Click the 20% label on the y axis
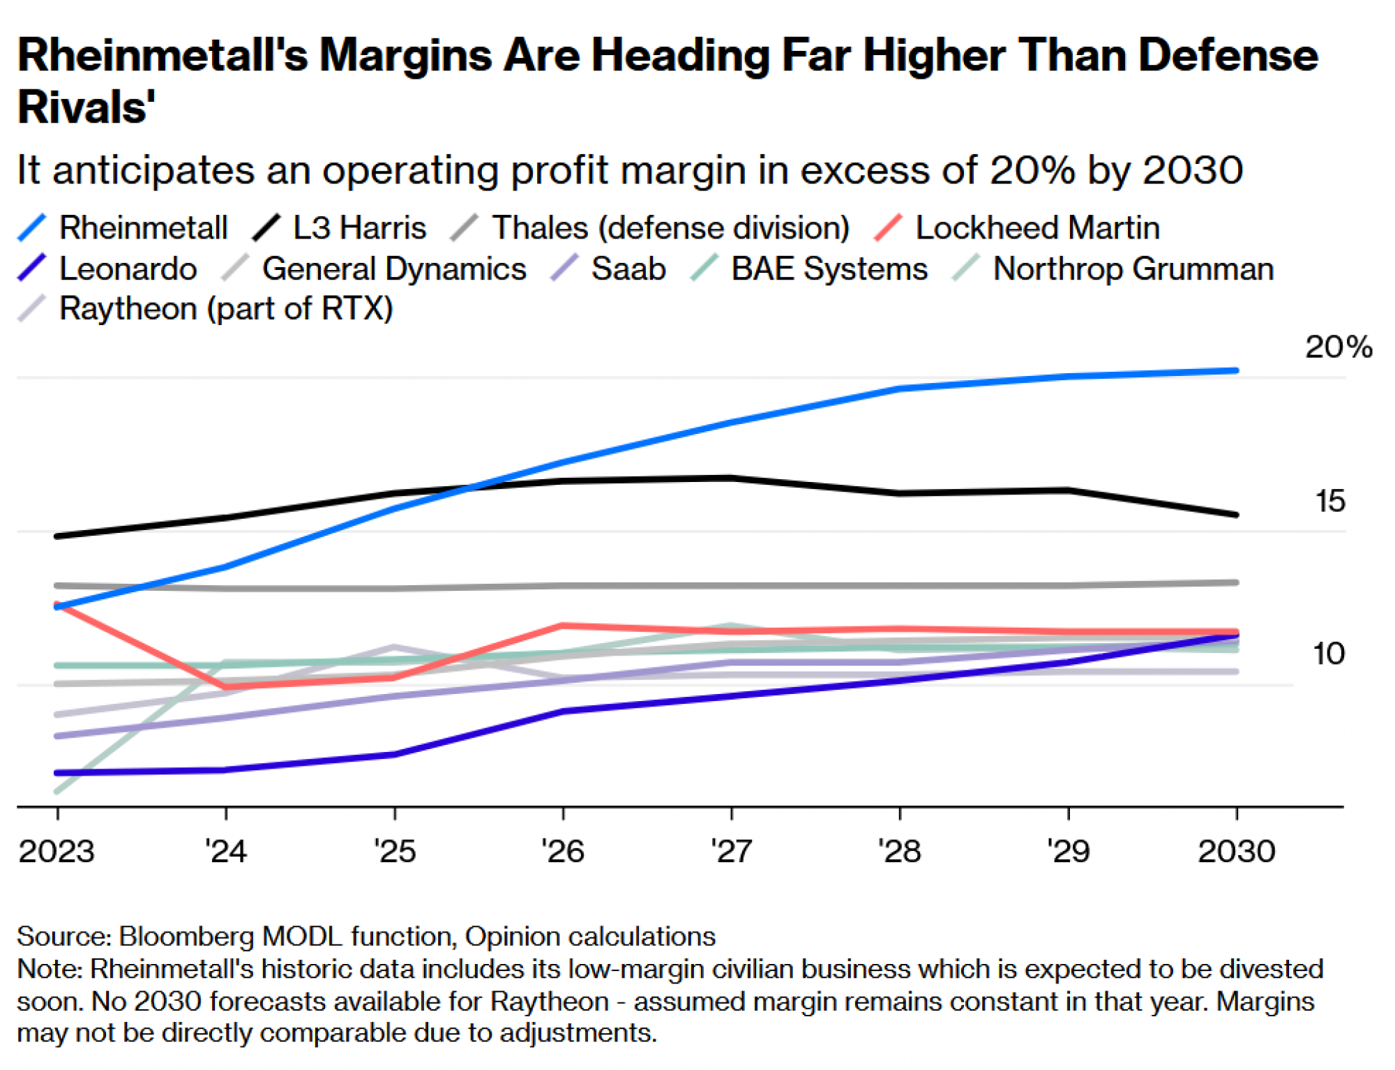click(1338, 347)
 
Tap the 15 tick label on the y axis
click(1329, 501)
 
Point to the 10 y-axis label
click(1328, 654)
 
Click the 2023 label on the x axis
click(56, 852)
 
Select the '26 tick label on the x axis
click(563, 852)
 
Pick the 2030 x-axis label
click(1236, 852)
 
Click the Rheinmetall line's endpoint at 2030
click(1236, 370)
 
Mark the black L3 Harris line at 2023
click(57, 536)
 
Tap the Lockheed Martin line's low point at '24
click(226, 688)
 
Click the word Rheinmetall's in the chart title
click(162, 55)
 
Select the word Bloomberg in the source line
click(186, 936)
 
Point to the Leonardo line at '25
click(395, 754)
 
